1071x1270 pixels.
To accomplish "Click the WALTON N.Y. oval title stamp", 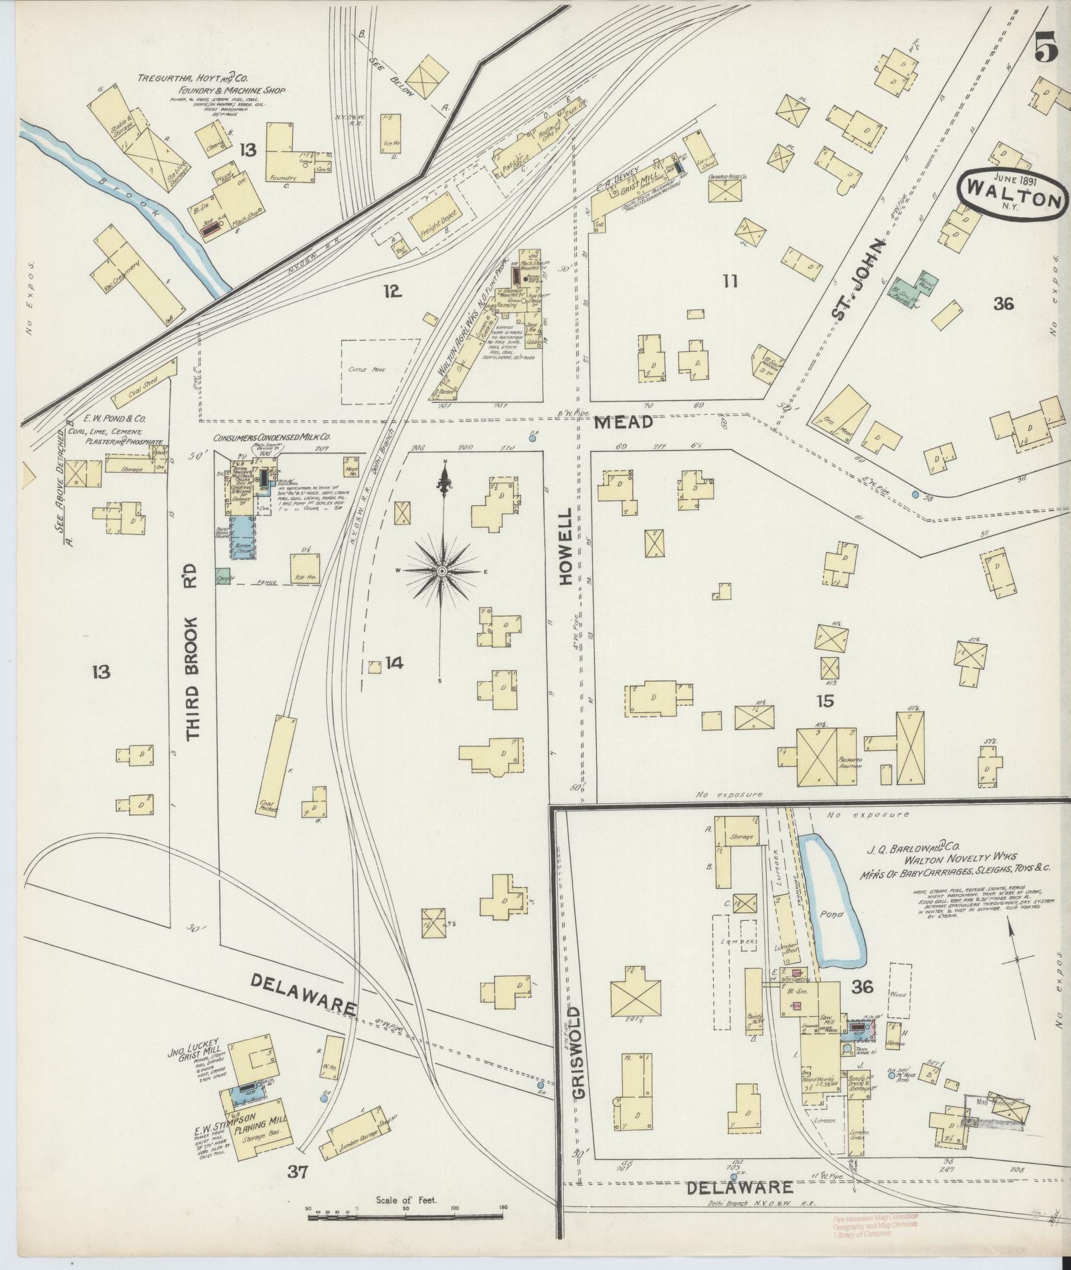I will click(x=1012, y=197).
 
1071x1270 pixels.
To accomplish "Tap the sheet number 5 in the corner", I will click(x=1045, y=48).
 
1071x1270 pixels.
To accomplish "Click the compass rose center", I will click(x=442, y=570).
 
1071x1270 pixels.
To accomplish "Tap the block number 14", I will click(x=394, y=662).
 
